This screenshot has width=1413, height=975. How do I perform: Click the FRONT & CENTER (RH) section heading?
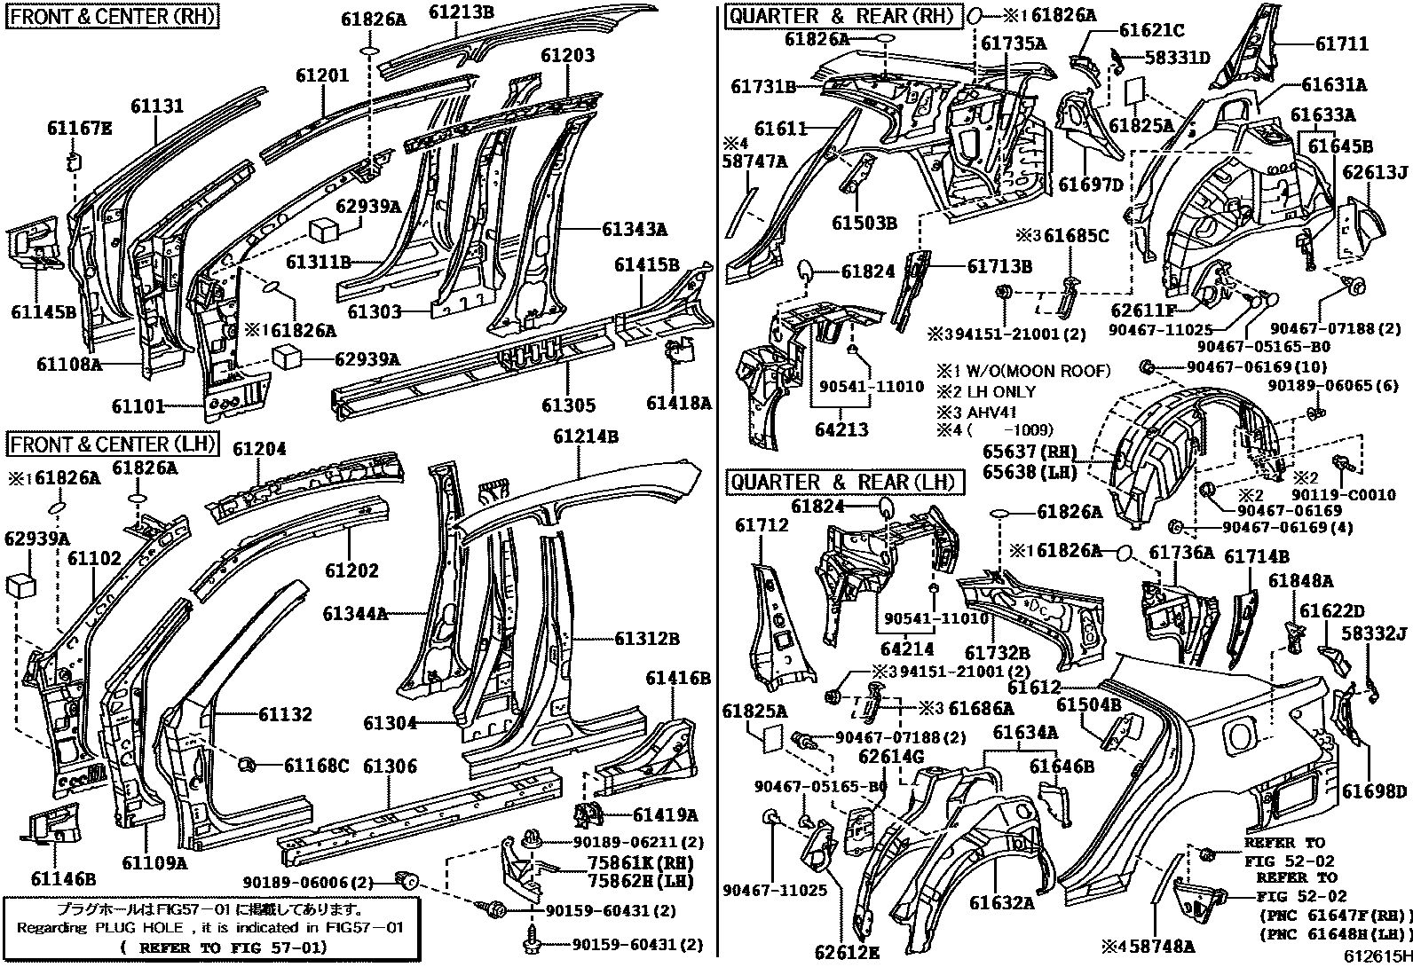click(114, 16)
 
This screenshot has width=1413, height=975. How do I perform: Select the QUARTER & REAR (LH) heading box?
click(844, 482)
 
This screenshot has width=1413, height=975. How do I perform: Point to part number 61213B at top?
click(462, 12)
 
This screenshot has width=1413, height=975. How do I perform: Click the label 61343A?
click(634, 229)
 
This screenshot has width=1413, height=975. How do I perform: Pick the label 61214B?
click(586, 436)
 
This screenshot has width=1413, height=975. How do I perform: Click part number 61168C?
click(318, 766)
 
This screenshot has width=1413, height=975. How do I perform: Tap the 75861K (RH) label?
click(638, 862)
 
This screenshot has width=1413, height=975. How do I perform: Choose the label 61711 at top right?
click(1341, 43)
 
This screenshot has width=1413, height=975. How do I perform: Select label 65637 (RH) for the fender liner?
click(1028, 451)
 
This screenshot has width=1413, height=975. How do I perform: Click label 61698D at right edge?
click(1374, 791)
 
